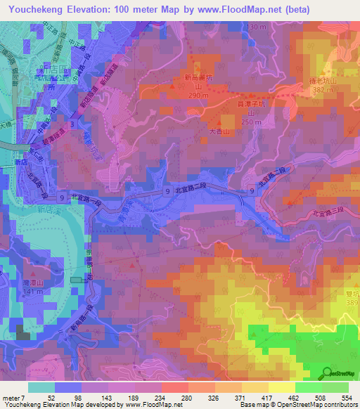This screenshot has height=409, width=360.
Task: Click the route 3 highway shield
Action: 73,124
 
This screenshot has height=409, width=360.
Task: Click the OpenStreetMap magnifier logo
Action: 327,373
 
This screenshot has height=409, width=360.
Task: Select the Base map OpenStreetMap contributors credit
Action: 309,405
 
